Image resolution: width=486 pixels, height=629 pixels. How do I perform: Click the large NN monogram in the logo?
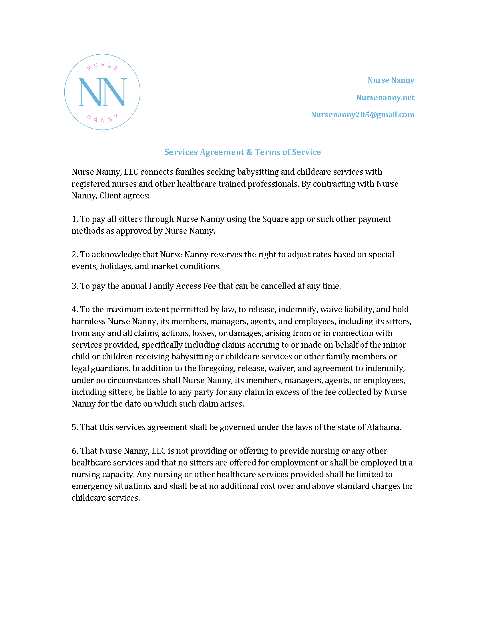[103, 92]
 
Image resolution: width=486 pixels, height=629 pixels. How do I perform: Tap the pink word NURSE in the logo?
[103, 67]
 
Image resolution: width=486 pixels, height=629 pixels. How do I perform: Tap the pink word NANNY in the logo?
[103, 118]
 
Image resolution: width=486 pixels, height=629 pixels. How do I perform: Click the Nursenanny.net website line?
[385, 97]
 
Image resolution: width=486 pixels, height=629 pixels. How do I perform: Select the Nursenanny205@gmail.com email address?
[362, 115]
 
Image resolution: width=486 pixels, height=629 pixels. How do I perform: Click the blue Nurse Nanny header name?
[391, 80]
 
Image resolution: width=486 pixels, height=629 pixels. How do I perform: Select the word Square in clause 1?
[273, 219]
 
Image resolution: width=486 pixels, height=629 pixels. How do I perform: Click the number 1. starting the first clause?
[75, 219]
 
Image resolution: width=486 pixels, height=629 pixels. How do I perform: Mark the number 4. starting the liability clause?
[75, 310]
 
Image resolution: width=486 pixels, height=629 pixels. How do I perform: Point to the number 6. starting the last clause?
[75, 451]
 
